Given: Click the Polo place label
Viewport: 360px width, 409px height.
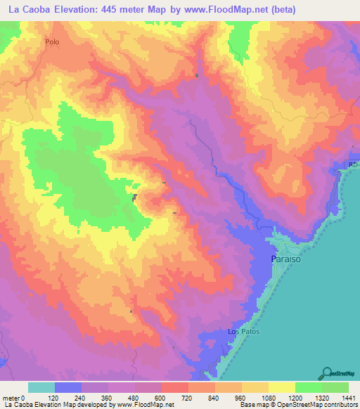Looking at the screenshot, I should pyautogui.click(x=51, y=42).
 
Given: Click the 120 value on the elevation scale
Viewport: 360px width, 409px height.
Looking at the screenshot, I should pyautogui.click(x=56, y=397).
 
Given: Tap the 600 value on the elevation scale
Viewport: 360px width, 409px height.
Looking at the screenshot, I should pyautogui.click(x=161, y=397).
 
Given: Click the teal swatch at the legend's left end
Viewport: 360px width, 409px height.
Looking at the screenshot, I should pyautogui.click(x=41, y=387).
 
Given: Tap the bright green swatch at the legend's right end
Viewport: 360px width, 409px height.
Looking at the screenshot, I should pyautogui.click(x=335, y=387).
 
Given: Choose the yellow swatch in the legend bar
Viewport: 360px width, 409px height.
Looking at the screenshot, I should pyautogui.click(x=281, y=387).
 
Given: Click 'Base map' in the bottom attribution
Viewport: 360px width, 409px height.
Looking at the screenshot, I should pyautogui.click(x=252, y=405).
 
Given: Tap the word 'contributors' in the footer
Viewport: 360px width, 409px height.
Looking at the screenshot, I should pyautogui.click(x=338, y=405).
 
